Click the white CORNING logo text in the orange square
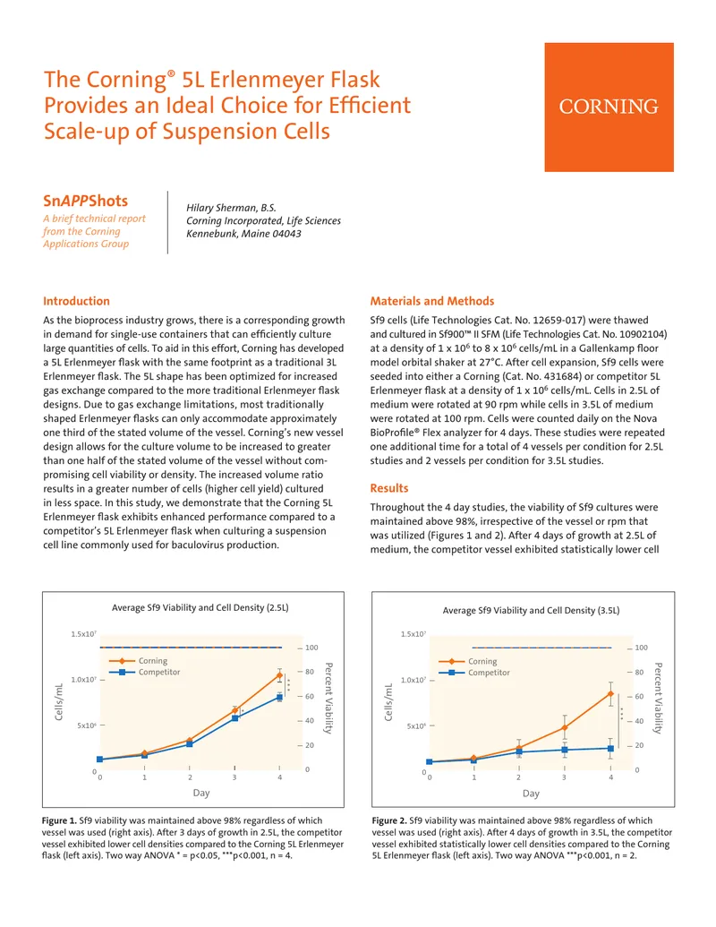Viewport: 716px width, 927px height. click(x=609, y=107)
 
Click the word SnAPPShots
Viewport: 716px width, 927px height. click(x=86, y=201)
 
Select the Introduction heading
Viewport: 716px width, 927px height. click(x=76, y=301)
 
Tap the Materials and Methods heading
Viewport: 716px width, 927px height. click(x=432, y=301)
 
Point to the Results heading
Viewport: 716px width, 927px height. click(x=389, y=488)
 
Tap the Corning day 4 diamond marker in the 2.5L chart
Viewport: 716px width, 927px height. click(x=280, y=674)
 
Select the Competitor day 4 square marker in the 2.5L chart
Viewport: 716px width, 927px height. click(x=280, y=698)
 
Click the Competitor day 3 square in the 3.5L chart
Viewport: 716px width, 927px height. click(x=565, y=750)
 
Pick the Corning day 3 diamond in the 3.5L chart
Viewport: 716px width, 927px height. click(x=565, y=728)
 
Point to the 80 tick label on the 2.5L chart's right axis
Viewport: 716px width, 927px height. click(x=310, y=672)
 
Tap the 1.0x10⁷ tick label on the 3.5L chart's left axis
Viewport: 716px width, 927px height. click(x=413, y=680)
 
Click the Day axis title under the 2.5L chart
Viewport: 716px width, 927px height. click(x=201, y=793)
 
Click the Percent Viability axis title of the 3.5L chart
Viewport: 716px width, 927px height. click(x=658, y=698)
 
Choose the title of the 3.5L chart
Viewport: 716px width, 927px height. click(x=531, y=610)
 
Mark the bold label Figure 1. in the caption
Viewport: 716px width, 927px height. click(x=59, y=820)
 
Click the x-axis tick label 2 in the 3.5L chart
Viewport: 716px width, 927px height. click(x=519, y=777)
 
